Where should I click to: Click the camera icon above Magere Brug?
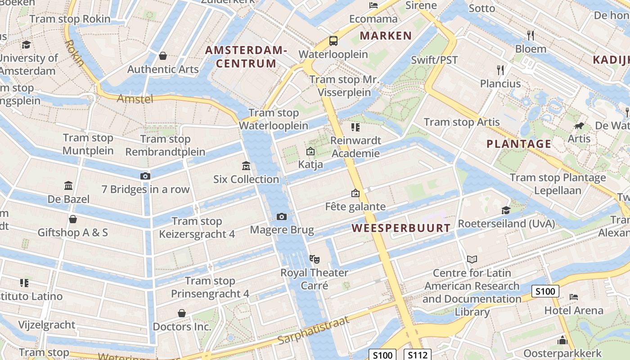tap(282, 217)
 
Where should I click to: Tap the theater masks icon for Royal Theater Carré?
tap(314, 259)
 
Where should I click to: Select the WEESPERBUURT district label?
tap(401, 228)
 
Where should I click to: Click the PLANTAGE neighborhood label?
tap(519, 144)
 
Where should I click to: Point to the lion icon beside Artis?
tap(579, 126)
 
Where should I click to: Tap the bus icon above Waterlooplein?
tap(333, 41)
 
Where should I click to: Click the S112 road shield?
tap(417, 355)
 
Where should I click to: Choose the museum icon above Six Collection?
tap(246, 166)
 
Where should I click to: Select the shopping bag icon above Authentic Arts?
tap(163, 56)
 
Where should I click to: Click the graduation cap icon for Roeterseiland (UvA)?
tap(506, 210)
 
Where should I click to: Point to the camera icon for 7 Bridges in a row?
tap(145, 176)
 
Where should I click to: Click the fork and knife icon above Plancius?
tap(500, 70)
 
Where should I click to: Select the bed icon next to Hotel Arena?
tap(574, 297)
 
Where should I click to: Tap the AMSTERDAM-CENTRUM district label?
tap(246, 57)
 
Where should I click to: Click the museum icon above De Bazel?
tap(68, 185)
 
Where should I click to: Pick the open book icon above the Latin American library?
tap(472, 259)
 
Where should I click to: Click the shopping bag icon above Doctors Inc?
tap(182, 313)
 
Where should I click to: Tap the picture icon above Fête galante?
tap(355, 193)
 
